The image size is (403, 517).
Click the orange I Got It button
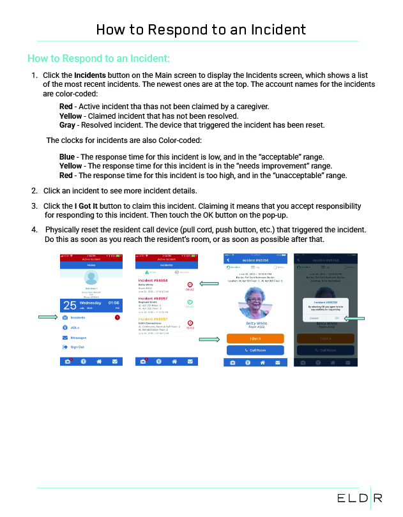[254, 338]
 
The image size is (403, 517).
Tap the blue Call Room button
[254, 350]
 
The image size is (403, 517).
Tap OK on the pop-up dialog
[337, 317]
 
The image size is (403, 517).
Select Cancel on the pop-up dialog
[314, 317]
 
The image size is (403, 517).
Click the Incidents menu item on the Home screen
[77, 317]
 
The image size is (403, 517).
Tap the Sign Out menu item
[77, 347]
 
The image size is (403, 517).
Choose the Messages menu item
[79, 337]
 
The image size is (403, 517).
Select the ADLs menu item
[75, 327]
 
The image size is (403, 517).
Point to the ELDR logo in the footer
[360, 498]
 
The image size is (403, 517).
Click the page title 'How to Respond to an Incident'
[201, 29]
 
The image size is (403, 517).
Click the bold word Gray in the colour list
[66, 125]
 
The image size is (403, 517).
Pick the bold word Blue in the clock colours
[66, 156]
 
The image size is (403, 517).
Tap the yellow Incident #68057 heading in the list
[153, 318]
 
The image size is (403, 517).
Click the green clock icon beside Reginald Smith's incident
[189, 302]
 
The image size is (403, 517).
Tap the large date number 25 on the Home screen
[70, 305]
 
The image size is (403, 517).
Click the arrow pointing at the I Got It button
[209, 339]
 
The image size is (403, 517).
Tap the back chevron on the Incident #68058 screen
[228, 260]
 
